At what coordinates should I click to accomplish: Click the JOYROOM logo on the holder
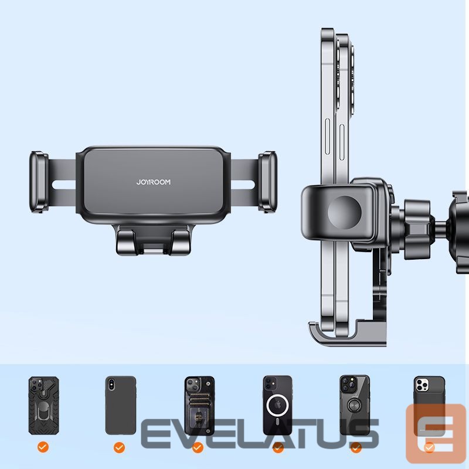click(x=154, y=182)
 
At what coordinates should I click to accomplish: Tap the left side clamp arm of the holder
click(x=39, y=182)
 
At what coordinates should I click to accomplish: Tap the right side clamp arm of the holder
click(x=267, y=182)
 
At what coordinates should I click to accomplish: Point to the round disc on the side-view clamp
click(x=344, y=212)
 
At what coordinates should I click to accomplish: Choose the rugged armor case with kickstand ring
click(x=43, y=405)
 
